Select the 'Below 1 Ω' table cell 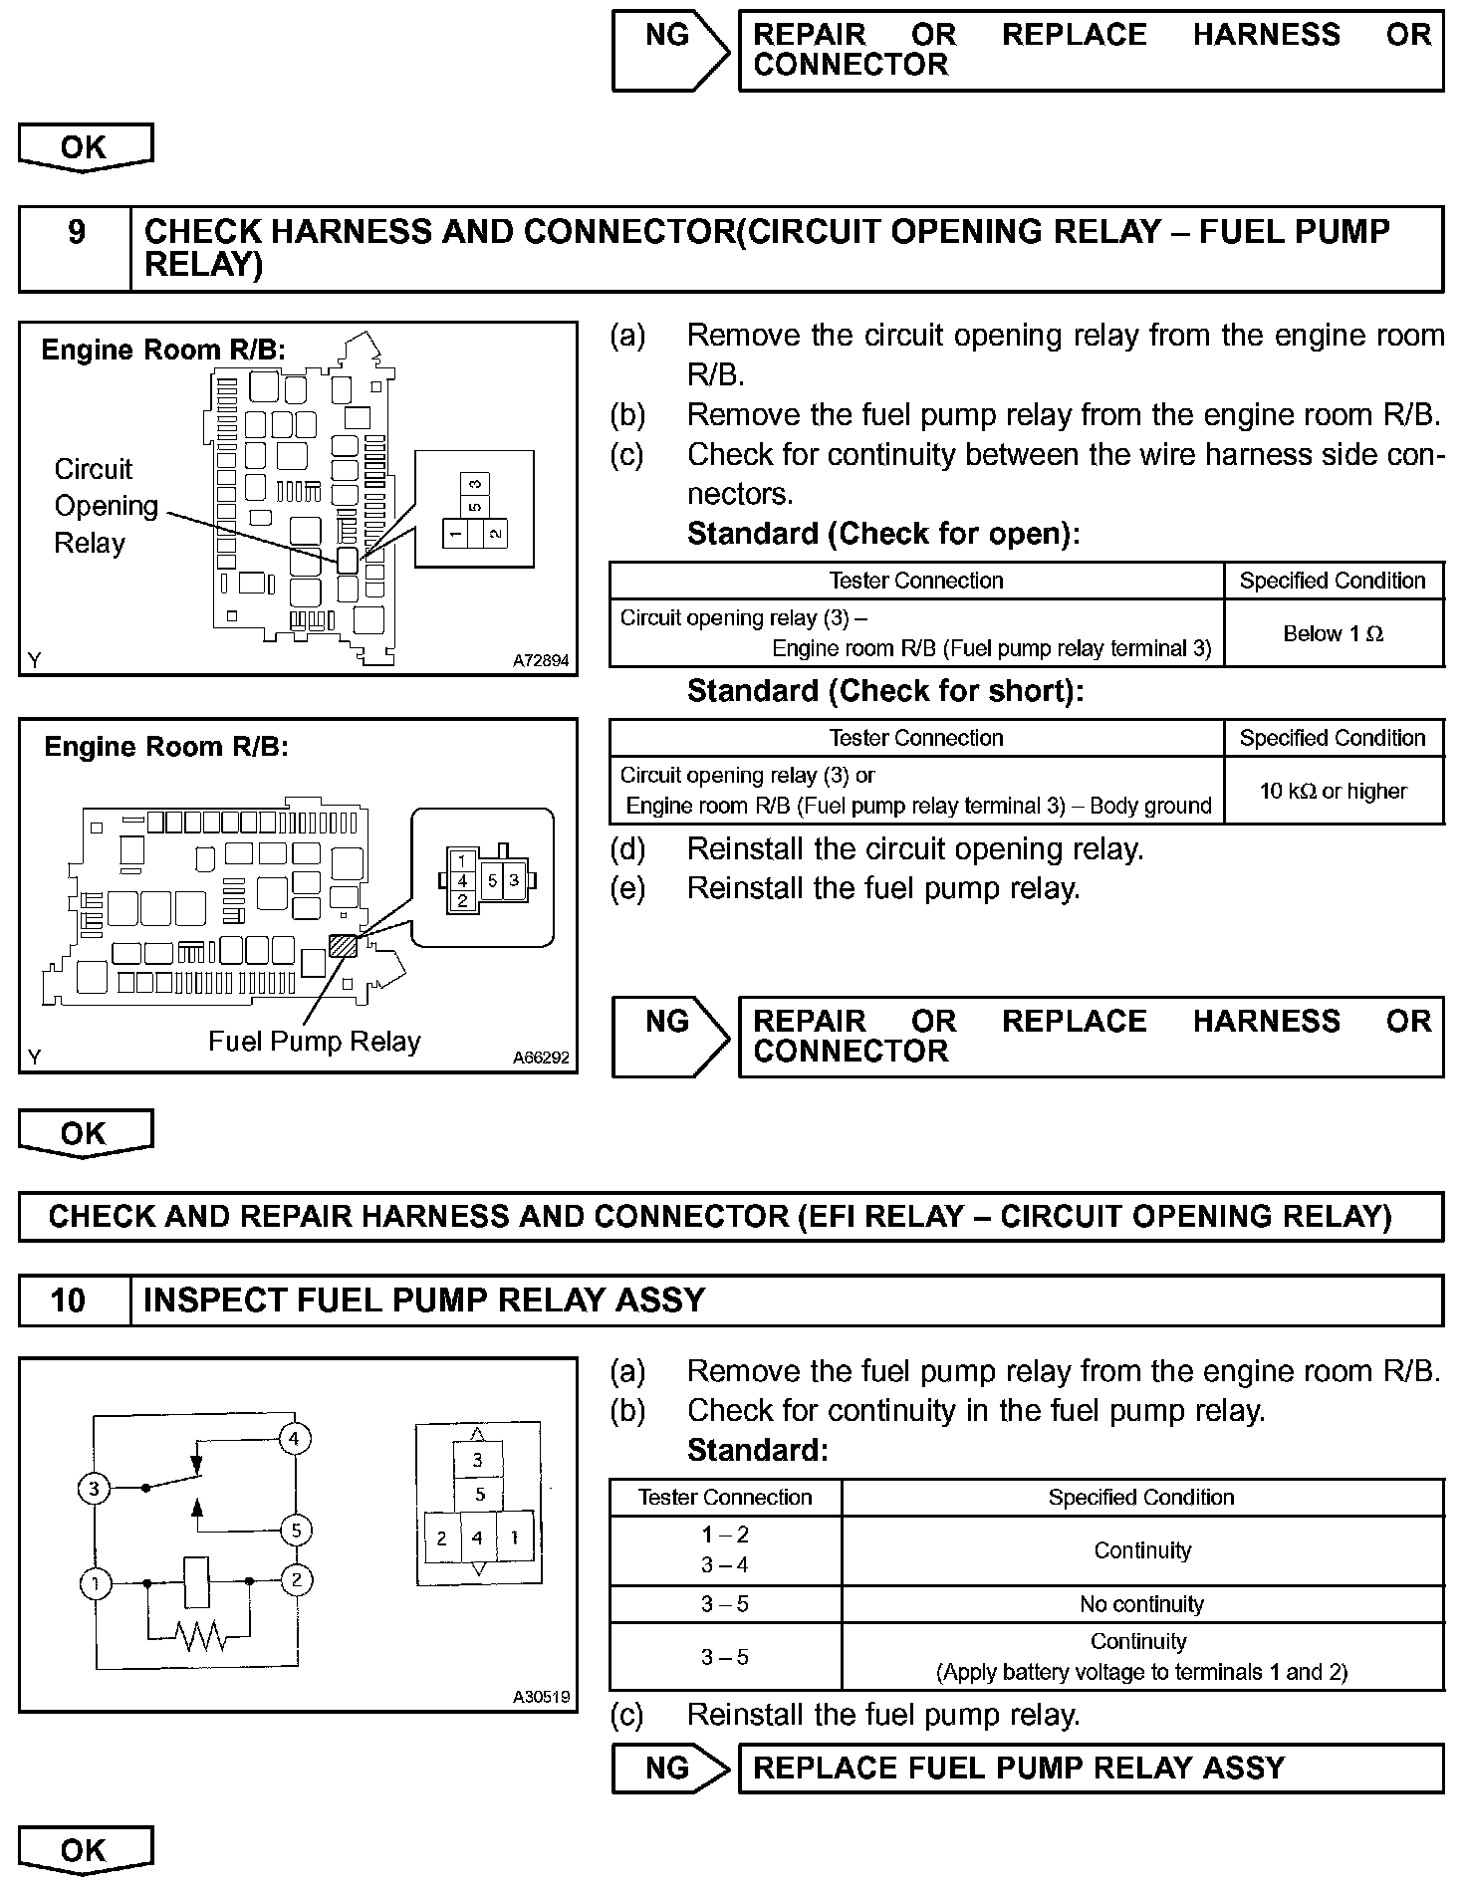[x=1333, y=633]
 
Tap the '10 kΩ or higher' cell [x=1333, y=791]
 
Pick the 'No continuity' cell [x=1141, y=1604]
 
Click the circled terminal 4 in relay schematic [x=295, y=1439]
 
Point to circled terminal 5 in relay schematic [x=295, y=1530]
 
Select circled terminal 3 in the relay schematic [x=94, y=1490]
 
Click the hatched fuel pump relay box [x=343, y=944]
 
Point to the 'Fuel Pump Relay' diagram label [x=314, y=1042]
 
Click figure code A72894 [x=541, y=660]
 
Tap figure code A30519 [x=541, y=1697]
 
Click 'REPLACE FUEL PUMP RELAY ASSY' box [x=1091, y=1768]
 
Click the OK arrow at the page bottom [x=85, y=1851]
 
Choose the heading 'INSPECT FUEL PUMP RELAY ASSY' [x=424, y=1301]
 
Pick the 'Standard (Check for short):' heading [x=884, y=691]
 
